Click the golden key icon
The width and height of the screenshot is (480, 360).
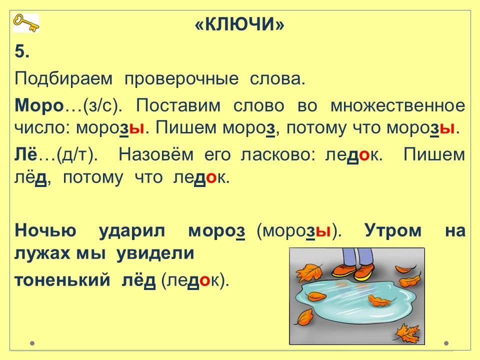[26, 23]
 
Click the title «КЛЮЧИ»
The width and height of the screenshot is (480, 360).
[239, 24]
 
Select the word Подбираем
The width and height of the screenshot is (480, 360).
[63, 79]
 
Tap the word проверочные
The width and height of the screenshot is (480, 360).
[181, 79]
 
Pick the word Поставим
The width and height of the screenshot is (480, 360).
[178, 105]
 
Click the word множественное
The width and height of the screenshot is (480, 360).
[397, 105]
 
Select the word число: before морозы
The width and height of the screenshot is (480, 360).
[42, 127]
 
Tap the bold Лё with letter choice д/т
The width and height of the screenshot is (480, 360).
[56, 154]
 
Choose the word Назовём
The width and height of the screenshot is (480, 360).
[156, 154]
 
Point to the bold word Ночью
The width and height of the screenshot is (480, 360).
[45, 230]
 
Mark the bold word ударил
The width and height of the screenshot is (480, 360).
[132, 231]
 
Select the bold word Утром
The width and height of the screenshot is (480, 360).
[393, 230]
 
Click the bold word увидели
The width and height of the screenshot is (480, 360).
[155, 254]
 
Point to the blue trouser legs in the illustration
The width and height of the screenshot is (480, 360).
[356, 256]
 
